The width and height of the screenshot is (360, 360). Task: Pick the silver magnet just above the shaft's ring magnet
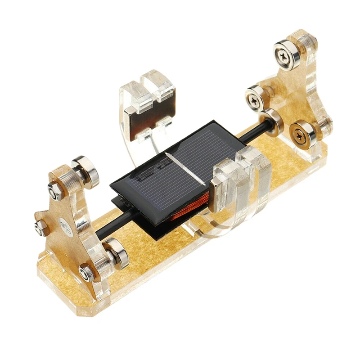(256, 95)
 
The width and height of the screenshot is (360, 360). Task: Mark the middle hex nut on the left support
(41, 228)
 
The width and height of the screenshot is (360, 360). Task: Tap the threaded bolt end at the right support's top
(310, 41)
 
